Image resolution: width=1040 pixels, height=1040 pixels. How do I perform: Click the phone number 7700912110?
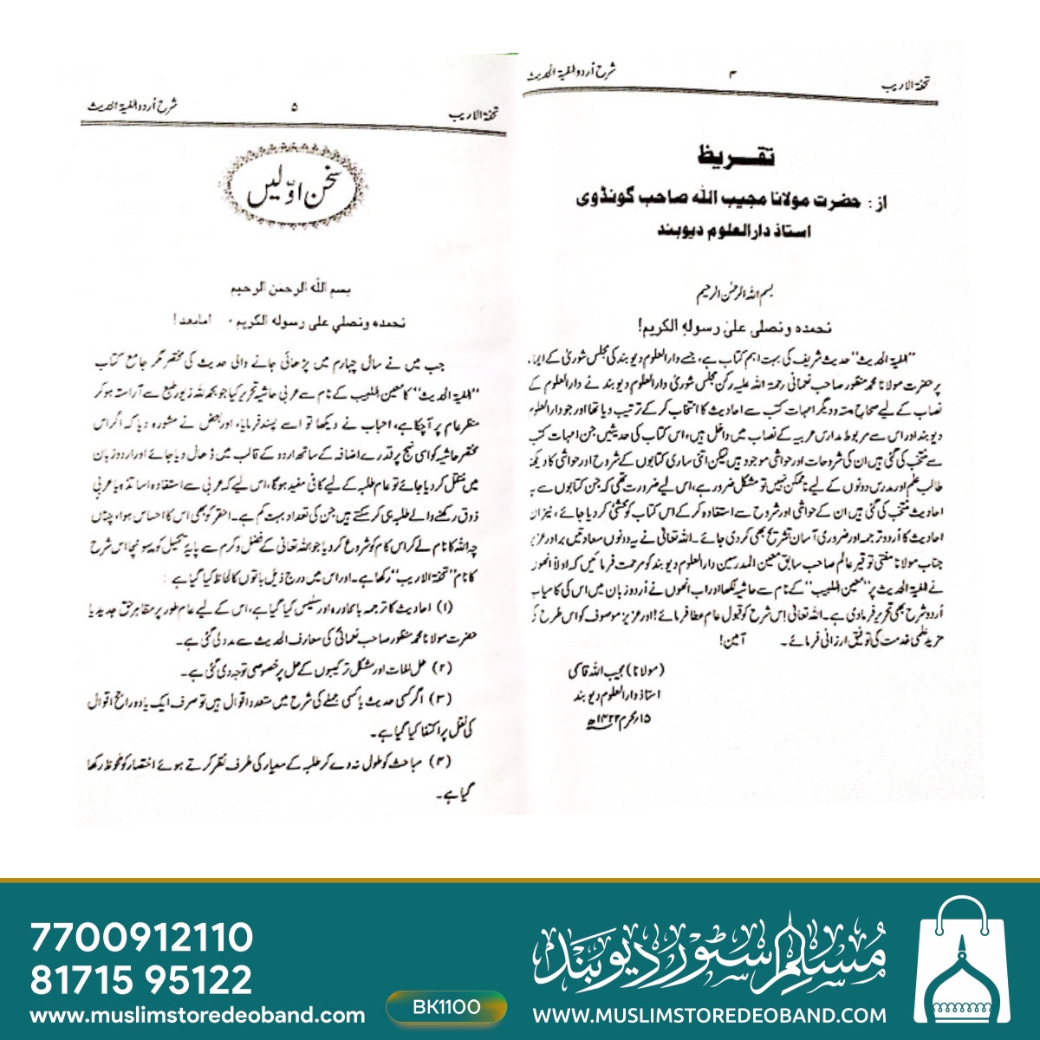(141, 938)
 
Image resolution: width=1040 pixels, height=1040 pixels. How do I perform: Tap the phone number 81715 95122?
(141, 979)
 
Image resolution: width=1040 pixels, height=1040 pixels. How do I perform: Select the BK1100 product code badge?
(446, 1007)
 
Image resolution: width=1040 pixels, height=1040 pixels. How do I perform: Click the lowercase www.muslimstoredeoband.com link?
(197, 1015)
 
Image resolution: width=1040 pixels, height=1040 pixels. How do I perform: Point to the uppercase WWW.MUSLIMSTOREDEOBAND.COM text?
(709, 1015)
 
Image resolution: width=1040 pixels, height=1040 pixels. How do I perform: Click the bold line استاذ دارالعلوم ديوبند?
(735, 231)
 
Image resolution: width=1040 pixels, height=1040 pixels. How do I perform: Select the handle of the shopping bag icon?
(974, 913)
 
